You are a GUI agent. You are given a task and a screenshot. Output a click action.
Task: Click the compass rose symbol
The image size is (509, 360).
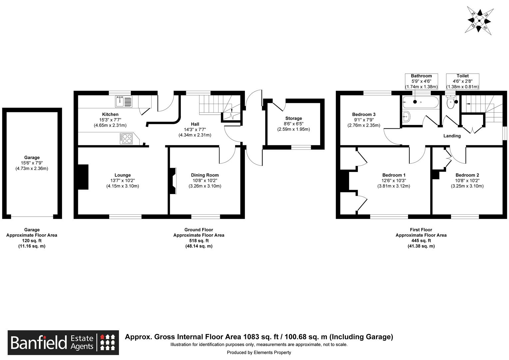point(479,21)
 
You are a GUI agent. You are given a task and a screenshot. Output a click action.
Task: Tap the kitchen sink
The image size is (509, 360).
point(124,101)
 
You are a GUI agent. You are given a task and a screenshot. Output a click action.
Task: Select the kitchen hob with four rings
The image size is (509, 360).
point(126,138)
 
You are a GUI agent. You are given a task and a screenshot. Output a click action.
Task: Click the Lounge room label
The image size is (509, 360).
point(123,175)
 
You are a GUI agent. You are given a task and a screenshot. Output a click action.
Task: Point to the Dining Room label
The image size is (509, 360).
point(205,175)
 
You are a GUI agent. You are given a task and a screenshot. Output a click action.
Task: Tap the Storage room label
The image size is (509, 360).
point(293,118)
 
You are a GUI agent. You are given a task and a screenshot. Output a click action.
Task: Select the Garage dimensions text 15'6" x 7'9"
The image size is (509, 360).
point(32,163)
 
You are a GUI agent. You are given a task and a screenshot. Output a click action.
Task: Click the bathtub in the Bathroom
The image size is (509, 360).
point(420,102)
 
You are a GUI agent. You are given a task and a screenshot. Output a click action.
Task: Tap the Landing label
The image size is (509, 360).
point(452,136)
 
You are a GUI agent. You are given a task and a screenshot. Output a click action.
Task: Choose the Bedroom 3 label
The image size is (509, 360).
point(364,114)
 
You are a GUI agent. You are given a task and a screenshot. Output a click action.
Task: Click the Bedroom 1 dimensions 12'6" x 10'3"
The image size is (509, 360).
point(394,181)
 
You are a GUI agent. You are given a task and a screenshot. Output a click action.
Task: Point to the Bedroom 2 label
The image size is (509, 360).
point(467,175)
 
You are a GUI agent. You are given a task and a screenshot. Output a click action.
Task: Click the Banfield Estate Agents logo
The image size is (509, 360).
point(63,342)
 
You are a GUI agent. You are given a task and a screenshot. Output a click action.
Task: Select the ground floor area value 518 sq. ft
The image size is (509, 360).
point(199,241)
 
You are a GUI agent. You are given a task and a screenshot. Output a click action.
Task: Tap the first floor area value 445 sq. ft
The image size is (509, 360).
point(421,241)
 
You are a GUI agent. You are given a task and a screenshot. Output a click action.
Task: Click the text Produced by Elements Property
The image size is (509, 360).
point(259,352)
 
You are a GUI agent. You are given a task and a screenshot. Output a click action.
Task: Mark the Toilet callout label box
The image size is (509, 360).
point(462,81)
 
